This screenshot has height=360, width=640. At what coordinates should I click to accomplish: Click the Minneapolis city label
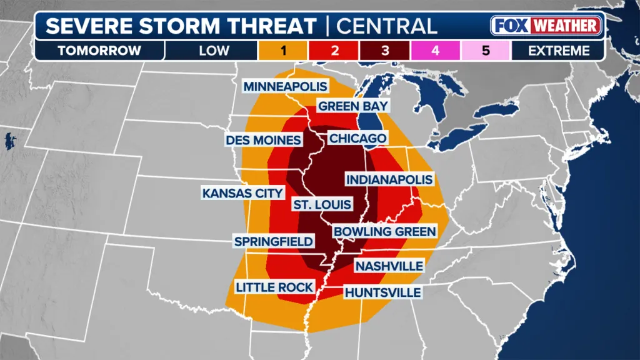tap(286, 86)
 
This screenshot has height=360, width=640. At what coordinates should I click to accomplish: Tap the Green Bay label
tap(353, 106)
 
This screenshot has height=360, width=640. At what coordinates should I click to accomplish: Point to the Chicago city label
tap(357, 138)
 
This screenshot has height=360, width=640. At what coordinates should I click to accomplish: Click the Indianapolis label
tap(389, 179)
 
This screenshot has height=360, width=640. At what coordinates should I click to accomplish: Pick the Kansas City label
tap(242, 193)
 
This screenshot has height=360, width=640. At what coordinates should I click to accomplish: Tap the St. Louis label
tap(322, 204)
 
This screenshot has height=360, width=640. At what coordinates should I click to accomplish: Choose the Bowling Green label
tap(384, 231)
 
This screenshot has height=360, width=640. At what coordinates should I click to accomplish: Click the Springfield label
tap(273, 241)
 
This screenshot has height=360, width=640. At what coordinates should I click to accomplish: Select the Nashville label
tap(389, 266)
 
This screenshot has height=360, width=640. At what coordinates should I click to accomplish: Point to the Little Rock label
tap(274, 287)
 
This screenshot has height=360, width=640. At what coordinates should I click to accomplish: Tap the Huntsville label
tap(382, 292)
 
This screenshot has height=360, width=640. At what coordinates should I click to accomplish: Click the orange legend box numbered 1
tap(283, 51)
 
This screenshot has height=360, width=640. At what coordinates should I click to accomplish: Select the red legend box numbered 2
tap(334, 51)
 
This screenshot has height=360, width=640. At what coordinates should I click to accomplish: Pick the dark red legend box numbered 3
tap(384, 51)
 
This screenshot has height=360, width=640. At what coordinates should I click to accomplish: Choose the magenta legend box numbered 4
tap(435, 51)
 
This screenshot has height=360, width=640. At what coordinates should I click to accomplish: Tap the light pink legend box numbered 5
tap(486, 51)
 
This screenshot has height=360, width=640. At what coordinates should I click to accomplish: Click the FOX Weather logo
tap(546, 26)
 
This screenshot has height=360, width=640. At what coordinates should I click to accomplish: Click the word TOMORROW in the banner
tap(99, 51)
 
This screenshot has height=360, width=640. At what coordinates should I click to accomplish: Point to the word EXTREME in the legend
tap(558, 51)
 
